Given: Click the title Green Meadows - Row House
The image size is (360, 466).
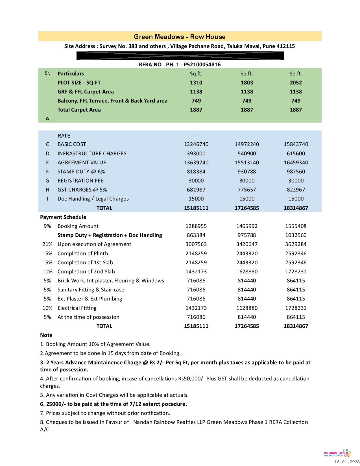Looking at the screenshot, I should [180, 37].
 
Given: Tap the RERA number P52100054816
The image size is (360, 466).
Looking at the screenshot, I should [202, 65].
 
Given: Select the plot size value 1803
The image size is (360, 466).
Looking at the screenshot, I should [247, 83].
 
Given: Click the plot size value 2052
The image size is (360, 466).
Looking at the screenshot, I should [296, 83].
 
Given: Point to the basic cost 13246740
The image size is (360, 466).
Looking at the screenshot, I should [196, 144].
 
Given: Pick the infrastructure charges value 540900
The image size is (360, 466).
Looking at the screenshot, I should [247, 154].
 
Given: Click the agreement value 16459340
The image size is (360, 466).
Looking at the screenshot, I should [296, 163].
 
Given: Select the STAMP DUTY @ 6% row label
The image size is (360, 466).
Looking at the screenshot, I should [81, 172].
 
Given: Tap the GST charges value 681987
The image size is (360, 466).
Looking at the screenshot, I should [196, 190].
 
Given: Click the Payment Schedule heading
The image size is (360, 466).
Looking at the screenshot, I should [63, 217].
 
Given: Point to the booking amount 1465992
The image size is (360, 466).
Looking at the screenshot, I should [247, 226].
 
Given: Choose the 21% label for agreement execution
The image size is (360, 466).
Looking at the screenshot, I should [47, 244].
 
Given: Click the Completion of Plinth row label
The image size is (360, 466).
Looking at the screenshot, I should [83, 254].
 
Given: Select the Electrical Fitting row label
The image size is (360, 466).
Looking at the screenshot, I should [77, 308].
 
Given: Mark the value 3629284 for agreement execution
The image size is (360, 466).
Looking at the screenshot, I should [296, 244].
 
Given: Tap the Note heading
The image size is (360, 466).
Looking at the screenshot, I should [46, 335].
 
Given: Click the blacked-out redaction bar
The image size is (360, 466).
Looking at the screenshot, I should [180, 56].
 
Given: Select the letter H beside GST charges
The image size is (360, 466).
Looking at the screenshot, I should [47, 190].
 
